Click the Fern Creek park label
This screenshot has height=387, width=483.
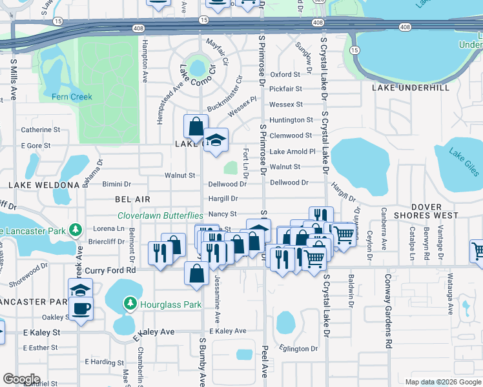(72, 97)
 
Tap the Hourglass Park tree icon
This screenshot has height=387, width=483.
(130, 302)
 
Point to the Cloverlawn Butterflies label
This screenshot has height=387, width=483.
(161, 215)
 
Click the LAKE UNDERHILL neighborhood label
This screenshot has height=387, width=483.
(410, 86)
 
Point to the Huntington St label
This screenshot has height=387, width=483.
(291, 120)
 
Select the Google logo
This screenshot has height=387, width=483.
(21, 379)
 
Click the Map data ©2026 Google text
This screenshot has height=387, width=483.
(442, 382)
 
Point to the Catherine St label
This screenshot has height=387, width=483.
(40, 130)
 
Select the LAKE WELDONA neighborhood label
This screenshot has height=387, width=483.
(43, 185)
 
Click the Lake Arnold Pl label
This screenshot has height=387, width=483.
(293, 152)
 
